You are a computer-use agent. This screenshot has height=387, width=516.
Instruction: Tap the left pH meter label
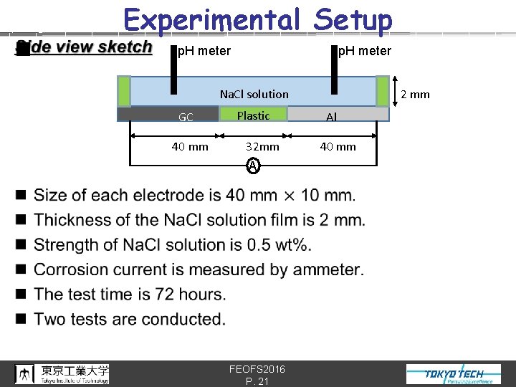pos(204,51)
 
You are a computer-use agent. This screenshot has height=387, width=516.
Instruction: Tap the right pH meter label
pos(364,50)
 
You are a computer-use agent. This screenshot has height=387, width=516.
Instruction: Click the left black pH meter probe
pos(173,69)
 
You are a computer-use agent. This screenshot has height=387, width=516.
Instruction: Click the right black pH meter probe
pos(334,69)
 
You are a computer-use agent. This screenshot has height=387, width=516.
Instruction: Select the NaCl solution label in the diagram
pos(254,94)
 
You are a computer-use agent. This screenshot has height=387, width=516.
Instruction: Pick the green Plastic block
pos(253,115)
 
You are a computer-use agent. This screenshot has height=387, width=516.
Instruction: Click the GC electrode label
pos(186,118)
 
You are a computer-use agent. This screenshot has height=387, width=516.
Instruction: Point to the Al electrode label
pos(331,118)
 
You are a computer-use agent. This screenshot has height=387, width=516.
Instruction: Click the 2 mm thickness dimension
pos(415,94)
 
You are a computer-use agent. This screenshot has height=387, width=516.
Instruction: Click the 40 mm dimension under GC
pos(190,147)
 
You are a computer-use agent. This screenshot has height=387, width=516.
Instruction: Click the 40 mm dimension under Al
pos(338,147)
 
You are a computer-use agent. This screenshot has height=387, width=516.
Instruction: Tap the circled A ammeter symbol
pos(252,166)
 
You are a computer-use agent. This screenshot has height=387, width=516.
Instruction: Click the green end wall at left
pos(124,91)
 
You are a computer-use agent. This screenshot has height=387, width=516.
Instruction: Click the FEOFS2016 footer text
pos(257,369)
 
